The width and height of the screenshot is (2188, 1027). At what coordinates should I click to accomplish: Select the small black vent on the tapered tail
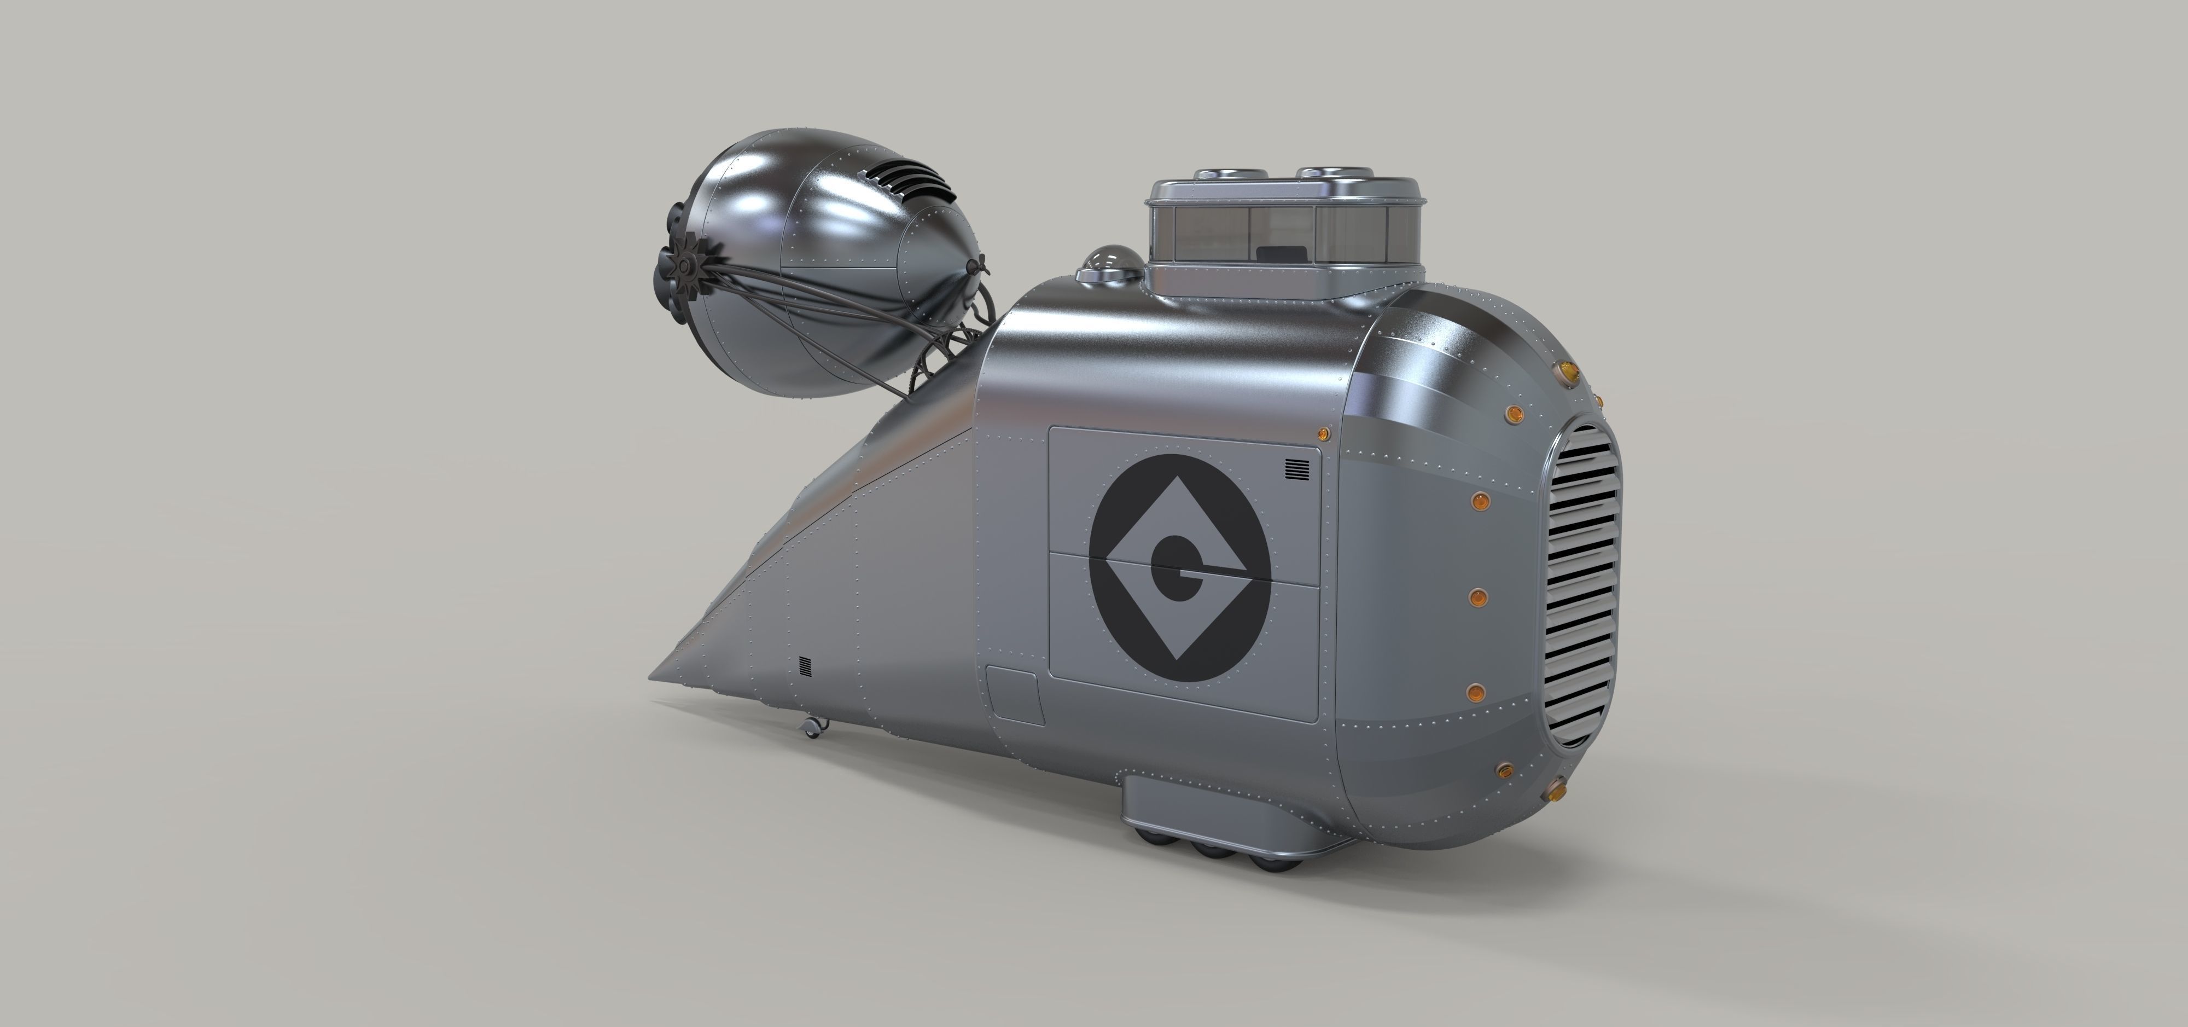pyautogui.click(x=805, y=665)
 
